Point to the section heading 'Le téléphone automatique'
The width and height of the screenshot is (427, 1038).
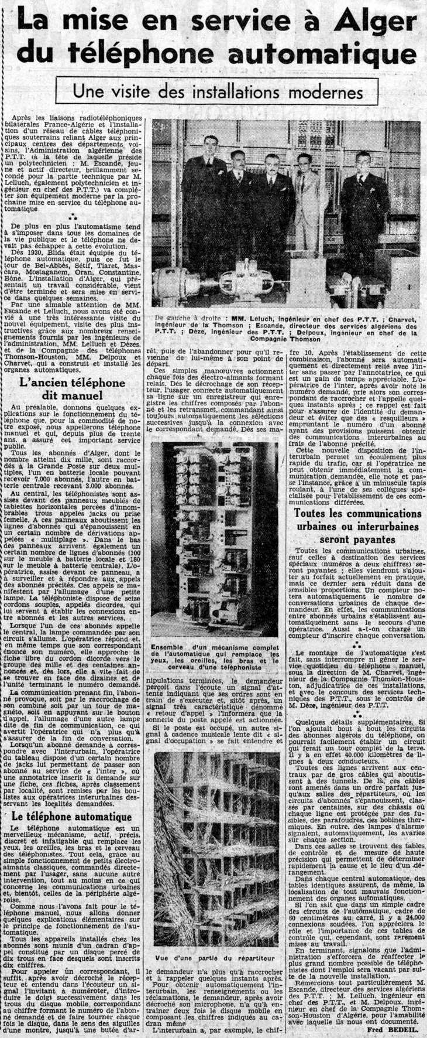coord(71,816)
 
